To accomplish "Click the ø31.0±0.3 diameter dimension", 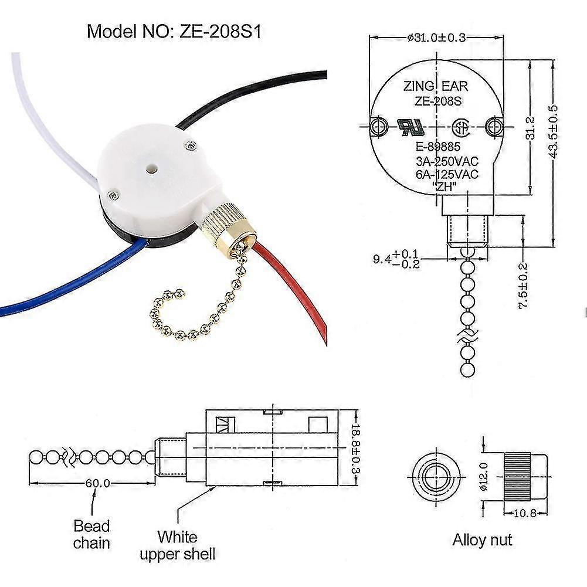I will click(436, 38).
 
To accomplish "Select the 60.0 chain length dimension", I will click(97, 484).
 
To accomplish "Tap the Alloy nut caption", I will click(482, 540).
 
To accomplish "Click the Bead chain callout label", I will click(91, 534).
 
